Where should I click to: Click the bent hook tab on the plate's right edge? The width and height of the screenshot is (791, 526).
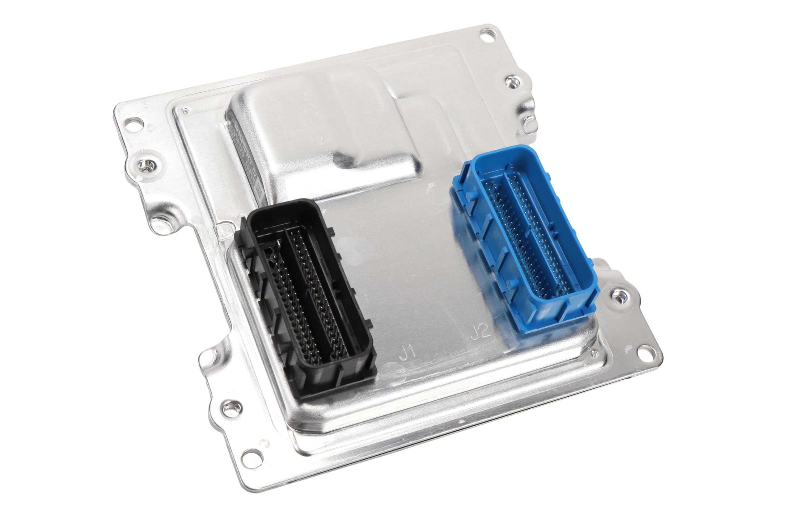(x=530, y=119)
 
